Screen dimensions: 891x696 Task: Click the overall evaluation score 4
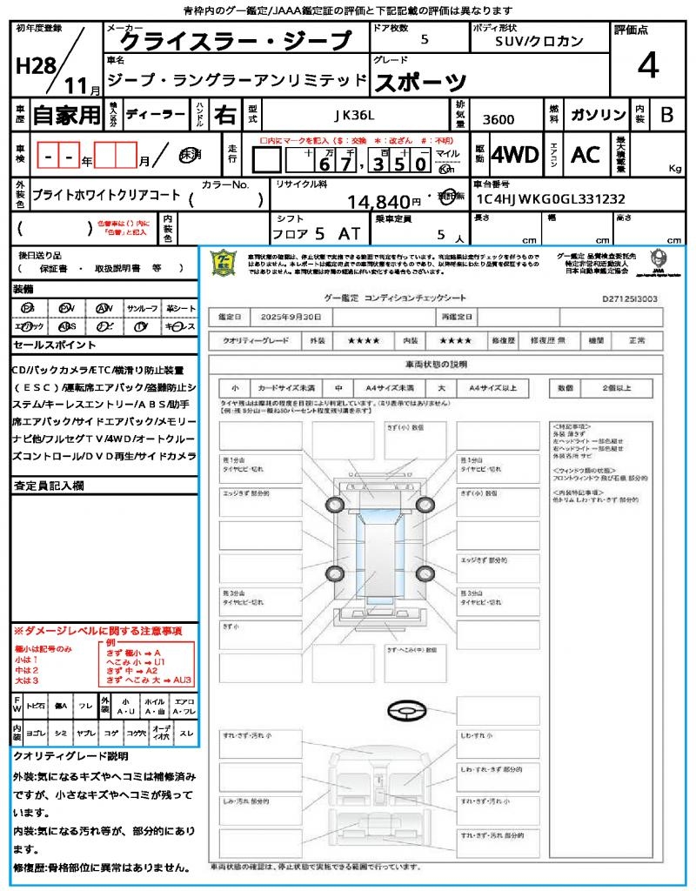[646, 66]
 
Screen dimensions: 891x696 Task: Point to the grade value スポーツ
[420, 83]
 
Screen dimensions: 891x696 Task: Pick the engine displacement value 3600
[498, 120]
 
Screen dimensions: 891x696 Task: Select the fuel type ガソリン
[597, 115]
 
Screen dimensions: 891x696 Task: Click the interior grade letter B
[666, 115]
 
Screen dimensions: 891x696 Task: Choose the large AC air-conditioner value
[586, 155]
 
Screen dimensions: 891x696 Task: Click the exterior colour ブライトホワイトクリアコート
[106, 197]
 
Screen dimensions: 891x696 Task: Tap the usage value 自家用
[67, 115]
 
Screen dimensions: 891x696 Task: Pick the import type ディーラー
[155, 115]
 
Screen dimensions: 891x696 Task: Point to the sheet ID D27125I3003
[630, 298]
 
